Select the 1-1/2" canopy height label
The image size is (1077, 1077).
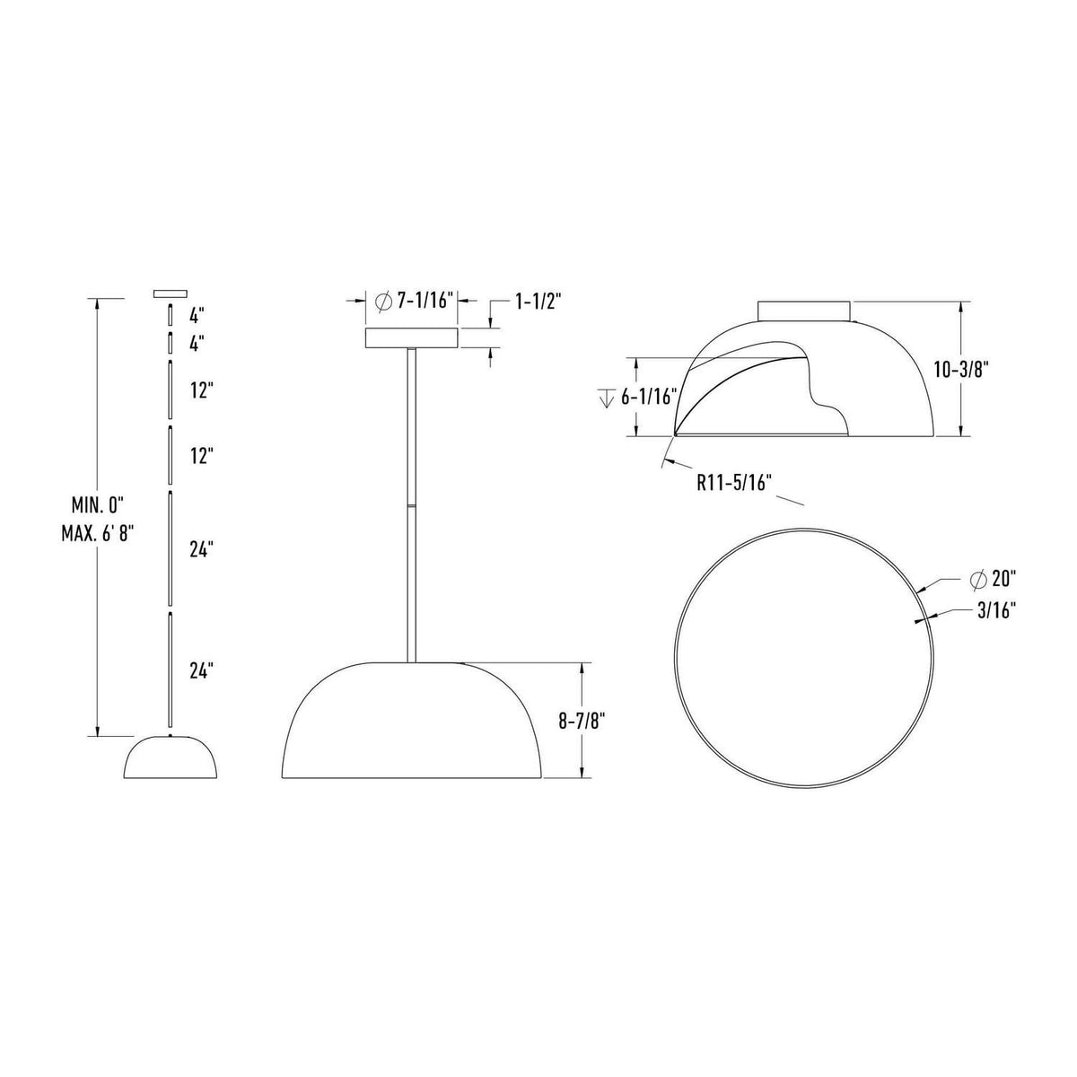tap(537, 302)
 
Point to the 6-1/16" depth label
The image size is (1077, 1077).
tap(650, 398)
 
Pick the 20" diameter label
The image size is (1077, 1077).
tap(1003, 580)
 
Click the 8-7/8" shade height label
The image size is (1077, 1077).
tap(582, 721)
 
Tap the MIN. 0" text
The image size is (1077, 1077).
tap(97, 506)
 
